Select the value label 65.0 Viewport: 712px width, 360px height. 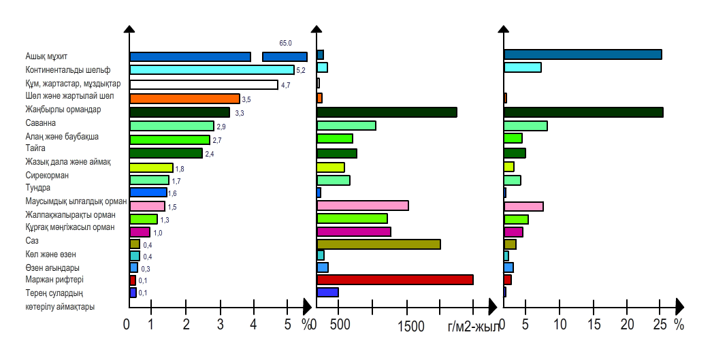(x=285, y=43)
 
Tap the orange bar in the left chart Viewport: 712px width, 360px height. (x=184, y=99)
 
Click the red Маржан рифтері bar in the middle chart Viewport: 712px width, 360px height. (x=395, y=280)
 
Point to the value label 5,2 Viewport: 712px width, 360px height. (x=301, y=70)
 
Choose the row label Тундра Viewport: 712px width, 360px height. (x=37, y=188)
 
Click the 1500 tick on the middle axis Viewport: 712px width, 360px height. (x=410, y=326)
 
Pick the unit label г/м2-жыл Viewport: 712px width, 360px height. (x=473, y=327)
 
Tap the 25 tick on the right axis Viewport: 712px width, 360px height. (x=660, y=325)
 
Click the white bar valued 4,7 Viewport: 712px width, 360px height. (x=204, y=85)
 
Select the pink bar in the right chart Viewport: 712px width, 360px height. (x=523, y=207)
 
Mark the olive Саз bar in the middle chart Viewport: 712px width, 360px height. (x=378, y=244)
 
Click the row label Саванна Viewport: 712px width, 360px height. (x=40, y=122)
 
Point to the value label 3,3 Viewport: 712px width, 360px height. (x=239, y=113)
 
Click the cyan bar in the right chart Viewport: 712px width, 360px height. (x=522, y=67)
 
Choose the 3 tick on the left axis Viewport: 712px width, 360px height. (x=220, y=325)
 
